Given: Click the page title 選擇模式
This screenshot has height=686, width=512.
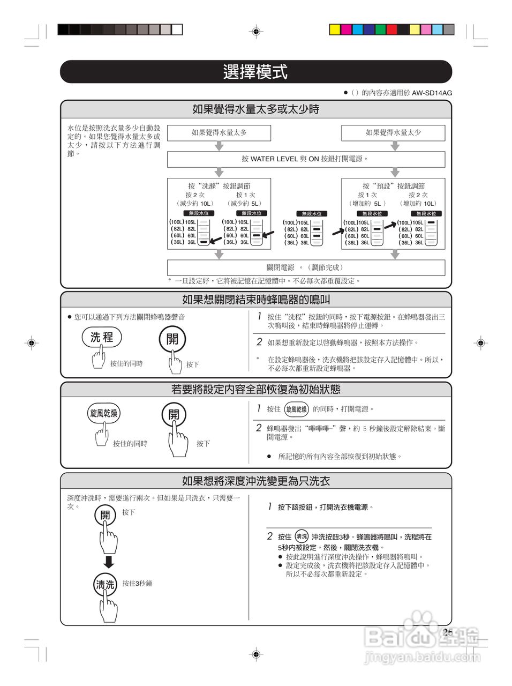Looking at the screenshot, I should [x=255, y=72].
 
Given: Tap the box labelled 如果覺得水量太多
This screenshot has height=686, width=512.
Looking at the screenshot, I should [x=219, y=133].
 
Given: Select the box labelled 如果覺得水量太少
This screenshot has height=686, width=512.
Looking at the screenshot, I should [x=393, y=133].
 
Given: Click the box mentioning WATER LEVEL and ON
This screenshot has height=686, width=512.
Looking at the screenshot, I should [x=306, y=159].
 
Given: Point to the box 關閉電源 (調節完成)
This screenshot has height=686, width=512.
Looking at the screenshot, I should [x=306, y=267].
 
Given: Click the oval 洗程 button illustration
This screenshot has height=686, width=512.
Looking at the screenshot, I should [x=102, y=337].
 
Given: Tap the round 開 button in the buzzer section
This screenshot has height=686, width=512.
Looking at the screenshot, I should [x=172, y=339].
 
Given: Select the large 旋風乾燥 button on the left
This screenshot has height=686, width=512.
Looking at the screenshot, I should [x=103, y=413].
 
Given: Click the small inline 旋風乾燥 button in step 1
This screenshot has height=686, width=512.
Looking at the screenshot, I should [x=297, y=409].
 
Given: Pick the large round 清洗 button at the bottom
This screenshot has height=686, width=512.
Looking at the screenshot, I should [x=105, y=585].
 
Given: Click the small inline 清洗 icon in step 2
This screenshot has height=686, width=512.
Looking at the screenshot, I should [x=302, y=536].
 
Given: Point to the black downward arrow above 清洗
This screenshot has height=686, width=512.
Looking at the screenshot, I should [x=109, y=562].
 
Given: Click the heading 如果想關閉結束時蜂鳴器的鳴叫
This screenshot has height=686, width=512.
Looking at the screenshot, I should [x=255, y=300].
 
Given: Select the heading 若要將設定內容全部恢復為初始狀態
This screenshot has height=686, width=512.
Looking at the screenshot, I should [x=255, y=390].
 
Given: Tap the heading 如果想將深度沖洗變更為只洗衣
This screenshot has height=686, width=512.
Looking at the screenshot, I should [x=255, y=481].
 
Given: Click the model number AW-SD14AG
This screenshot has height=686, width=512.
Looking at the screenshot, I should [x=432, y=93].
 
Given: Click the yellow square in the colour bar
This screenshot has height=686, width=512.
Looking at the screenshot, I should [x=335, y=29].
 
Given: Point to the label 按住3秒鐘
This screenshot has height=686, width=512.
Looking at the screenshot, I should [x=137, y=583].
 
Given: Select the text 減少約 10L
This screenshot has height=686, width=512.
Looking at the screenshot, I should [x=194, y=204].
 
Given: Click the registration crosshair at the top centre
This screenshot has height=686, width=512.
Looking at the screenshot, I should [x=256, y=32].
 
